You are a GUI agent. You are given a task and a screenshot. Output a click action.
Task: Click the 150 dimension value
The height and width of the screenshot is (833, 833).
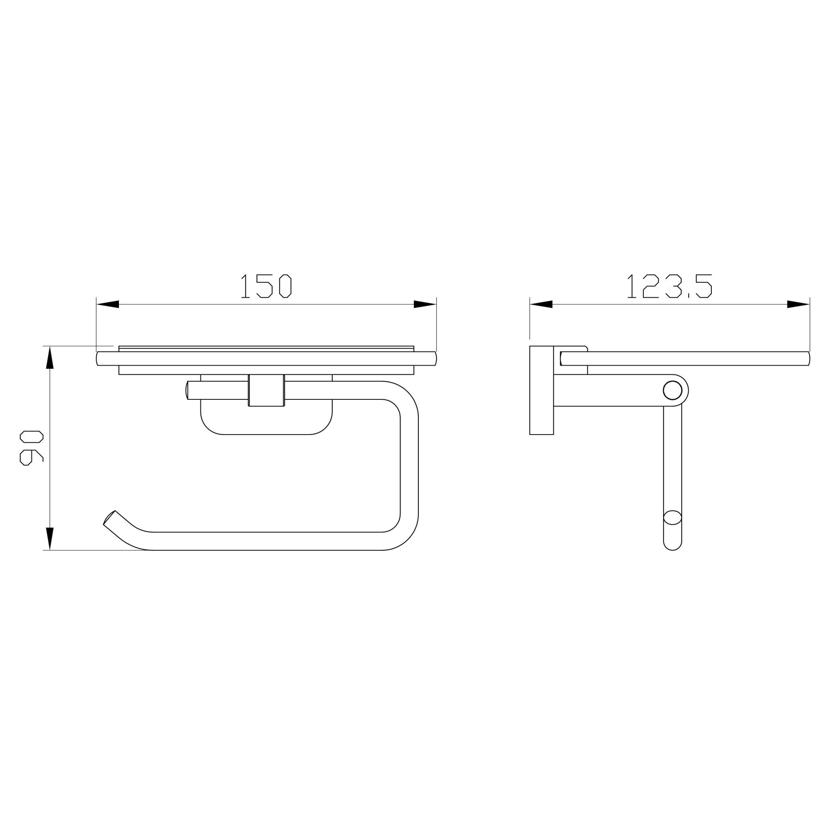coord(266,286)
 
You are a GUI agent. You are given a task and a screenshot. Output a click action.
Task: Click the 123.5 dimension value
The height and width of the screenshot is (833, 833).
coord(669,286)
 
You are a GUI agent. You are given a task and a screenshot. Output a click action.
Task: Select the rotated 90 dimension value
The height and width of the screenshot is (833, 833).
coord(31,448)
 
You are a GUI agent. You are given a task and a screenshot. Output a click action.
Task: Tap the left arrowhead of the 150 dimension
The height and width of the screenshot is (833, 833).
coord(107,304)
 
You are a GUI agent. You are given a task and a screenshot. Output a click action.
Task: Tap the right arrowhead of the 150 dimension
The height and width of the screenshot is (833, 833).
coord(425,304)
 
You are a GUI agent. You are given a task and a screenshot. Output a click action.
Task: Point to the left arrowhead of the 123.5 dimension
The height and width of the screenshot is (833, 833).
coord(541,304)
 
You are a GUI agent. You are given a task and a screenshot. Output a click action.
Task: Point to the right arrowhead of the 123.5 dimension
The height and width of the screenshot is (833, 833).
coord(798,304)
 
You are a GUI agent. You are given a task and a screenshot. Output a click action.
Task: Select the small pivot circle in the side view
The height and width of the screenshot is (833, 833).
coord(672,390)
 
